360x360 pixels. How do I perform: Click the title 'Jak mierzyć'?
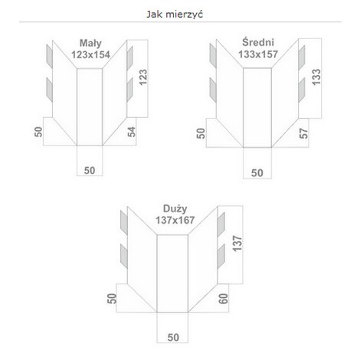[x=175, y=15]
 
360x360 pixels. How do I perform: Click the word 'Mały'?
[x=90, y=44]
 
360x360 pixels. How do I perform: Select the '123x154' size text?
[x=90, y=54]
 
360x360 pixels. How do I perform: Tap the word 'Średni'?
[x=258, y=42]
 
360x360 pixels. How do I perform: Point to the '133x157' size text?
[x=258, y=54]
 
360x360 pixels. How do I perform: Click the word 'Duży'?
[x=175, y=209]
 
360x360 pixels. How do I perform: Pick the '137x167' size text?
[x=175, y=220]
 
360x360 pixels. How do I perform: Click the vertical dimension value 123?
[x=143, y=77]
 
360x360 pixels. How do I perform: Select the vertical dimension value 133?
[x=316, y=77]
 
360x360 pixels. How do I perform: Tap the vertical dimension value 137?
[x=237, y=244]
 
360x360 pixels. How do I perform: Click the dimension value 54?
[x=132, y=132]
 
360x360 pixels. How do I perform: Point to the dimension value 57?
[x=303, y=133]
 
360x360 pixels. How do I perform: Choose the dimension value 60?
[x=223, y=299]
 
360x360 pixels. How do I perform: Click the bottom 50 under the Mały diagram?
[x=90, y=171]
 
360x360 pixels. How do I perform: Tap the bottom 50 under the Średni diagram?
[x=257, y=173]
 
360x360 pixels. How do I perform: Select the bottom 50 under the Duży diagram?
[x=173, y=338]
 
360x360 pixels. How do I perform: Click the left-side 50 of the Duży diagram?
[x=112, y=299]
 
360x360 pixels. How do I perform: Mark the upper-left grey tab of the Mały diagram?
[x=49, y=56]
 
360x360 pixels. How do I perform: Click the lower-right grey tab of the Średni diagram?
[x=302, y=90]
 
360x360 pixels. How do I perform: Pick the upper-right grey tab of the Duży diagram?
[x=221, y=224]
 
